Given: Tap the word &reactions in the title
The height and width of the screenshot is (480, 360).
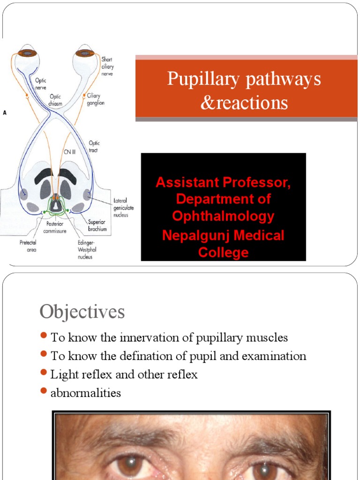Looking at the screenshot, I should pyautogui.click(x=244, y=102).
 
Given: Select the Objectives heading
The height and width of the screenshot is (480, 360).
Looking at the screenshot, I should pyautogui.click(x=82, y=312).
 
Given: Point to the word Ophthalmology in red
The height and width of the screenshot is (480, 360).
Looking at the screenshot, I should pyautogui.click(x=223, y=216).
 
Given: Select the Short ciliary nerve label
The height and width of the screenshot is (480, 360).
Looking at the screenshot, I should pyautogui.click(x=107, y=67).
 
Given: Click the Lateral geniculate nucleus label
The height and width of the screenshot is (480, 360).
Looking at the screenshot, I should pyautogui.click(x=123, y=207).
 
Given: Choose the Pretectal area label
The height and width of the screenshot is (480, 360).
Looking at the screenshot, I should pyautogui.click(x=27, y=246).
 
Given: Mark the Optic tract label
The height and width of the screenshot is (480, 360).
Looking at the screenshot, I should pyautogui.click(x=94, y=146).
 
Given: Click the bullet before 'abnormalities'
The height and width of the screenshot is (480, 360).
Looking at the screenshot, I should pyautogui.click(x=44, y=391).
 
